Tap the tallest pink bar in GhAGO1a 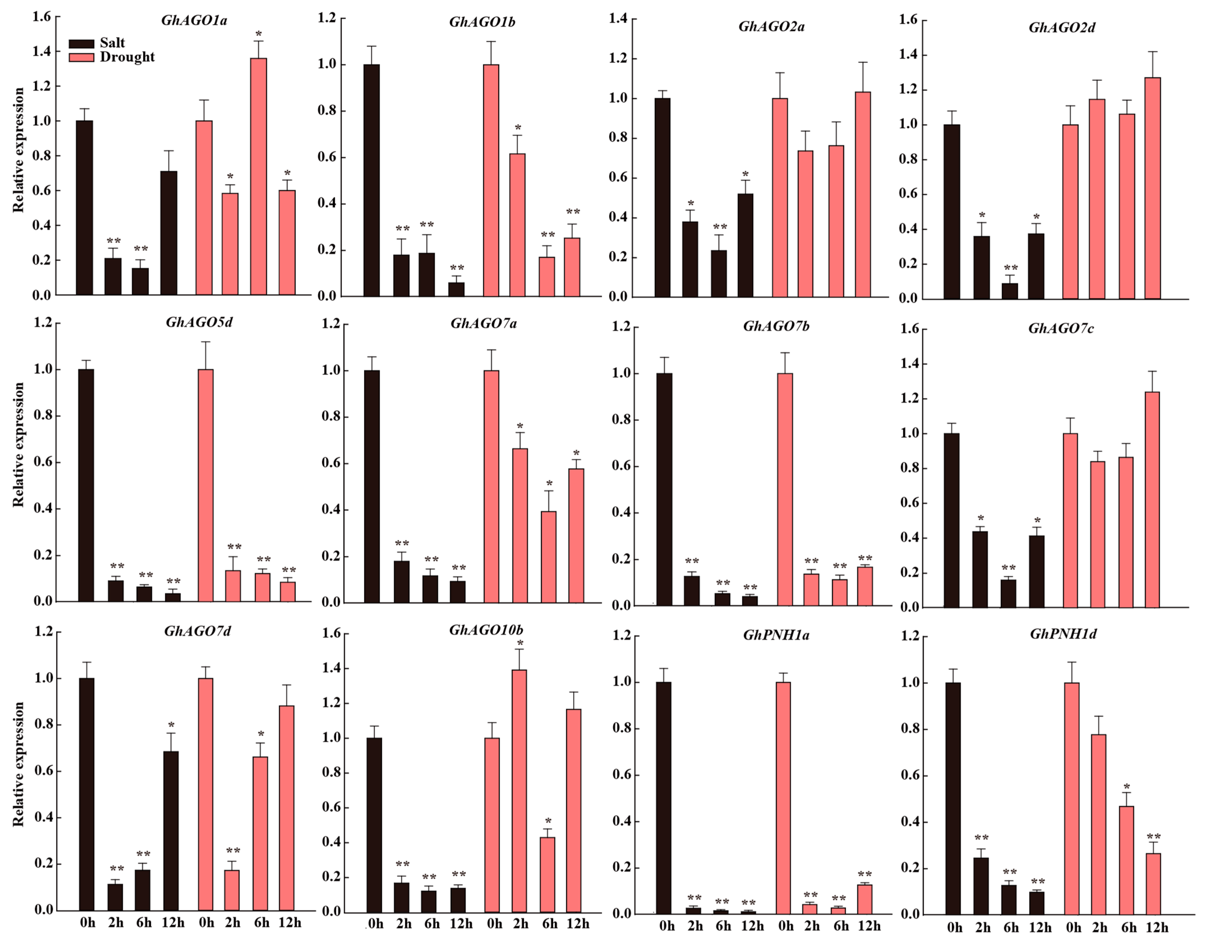258,177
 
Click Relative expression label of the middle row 19,444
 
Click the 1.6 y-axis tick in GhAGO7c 909,329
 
